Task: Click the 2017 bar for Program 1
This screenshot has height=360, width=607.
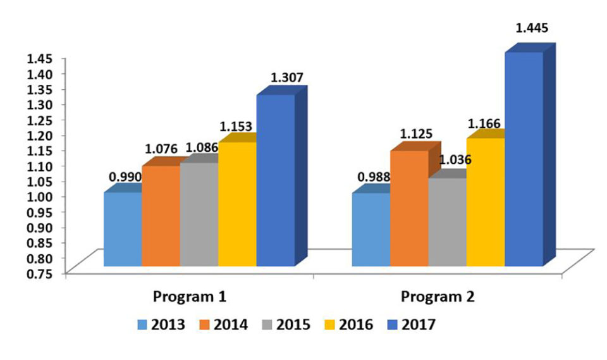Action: pyautogui.click(x=275, y=180)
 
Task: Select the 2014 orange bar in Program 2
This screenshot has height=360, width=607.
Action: pyautogui.click(x=409, y=209)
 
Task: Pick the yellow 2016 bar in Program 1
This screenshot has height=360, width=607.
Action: pyautogui.click(x=237, y=204)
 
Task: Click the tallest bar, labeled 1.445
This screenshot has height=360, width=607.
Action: pyautogui.click(x=524, y=158)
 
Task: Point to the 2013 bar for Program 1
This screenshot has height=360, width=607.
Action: pyautogui.click(x=123, y=229)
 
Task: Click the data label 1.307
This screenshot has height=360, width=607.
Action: pyautogui.click(x=287, y=78)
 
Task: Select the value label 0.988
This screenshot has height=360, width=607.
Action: pyautogui.click(x=374, y=177)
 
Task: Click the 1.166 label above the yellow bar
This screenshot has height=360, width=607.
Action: pyautogui.click(x=484, y=122)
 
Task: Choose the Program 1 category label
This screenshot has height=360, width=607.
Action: pyautogui.click(x=192, y=297)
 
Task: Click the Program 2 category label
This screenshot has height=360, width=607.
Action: pyautogui.click(x=439, y=297)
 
